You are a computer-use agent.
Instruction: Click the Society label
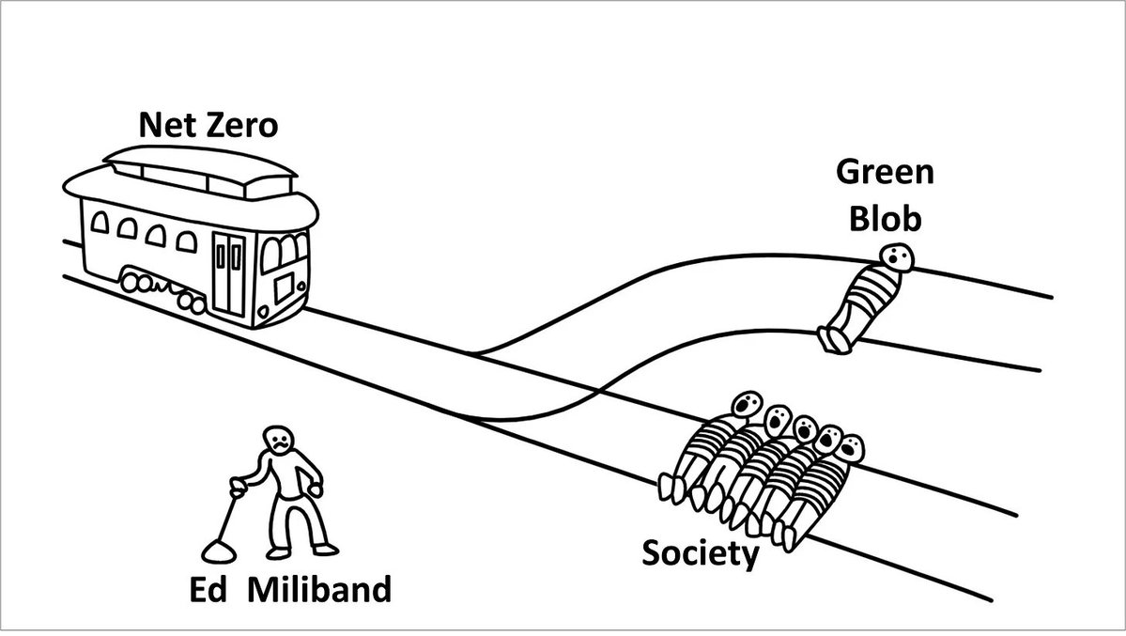coord(700,553)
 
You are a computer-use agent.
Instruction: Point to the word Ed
coord(210,591)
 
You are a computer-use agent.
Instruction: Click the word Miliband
coord(319,591)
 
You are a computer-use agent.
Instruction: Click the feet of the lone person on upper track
coord(834,339)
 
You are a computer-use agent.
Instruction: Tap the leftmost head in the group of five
coord(747,404)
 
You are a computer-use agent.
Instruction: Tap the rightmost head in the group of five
coord(850,448)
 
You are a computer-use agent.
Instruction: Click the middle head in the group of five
coord(805,428)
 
